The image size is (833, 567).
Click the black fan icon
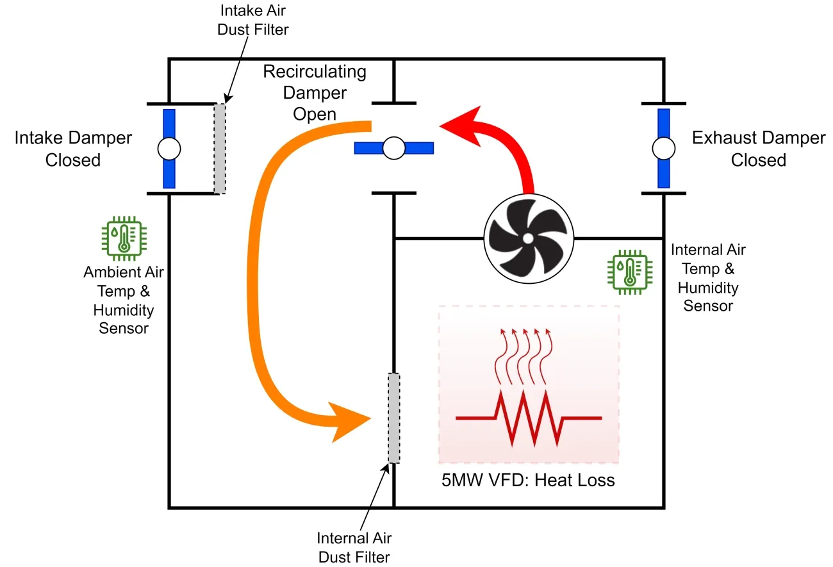click(528, 238)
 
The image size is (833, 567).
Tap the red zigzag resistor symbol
click(529, 418)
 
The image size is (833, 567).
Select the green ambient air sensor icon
click(123, 239)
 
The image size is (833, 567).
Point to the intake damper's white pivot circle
click(169, 149)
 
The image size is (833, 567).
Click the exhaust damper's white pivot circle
click(664, 149)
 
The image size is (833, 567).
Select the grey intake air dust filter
click(220, 148)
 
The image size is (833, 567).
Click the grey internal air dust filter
click(393, 418)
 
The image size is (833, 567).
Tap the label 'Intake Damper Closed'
click(73, 149)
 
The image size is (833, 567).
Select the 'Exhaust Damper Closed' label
click(758, 149)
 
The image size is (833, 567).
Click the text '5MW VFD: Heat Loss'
click(528, 480)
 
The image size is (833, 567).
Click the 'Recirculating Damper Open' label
click(315, 93)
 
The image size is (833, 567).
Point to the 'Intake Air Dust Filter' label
click(255, 20)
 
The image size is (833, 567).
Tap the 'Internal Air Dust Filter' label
click(354, 547)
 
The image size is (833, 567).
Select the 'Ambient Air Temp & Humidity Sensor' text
click(123, 300)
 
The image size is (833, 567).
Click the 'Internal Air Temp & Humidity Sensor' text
click(707, 277)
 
